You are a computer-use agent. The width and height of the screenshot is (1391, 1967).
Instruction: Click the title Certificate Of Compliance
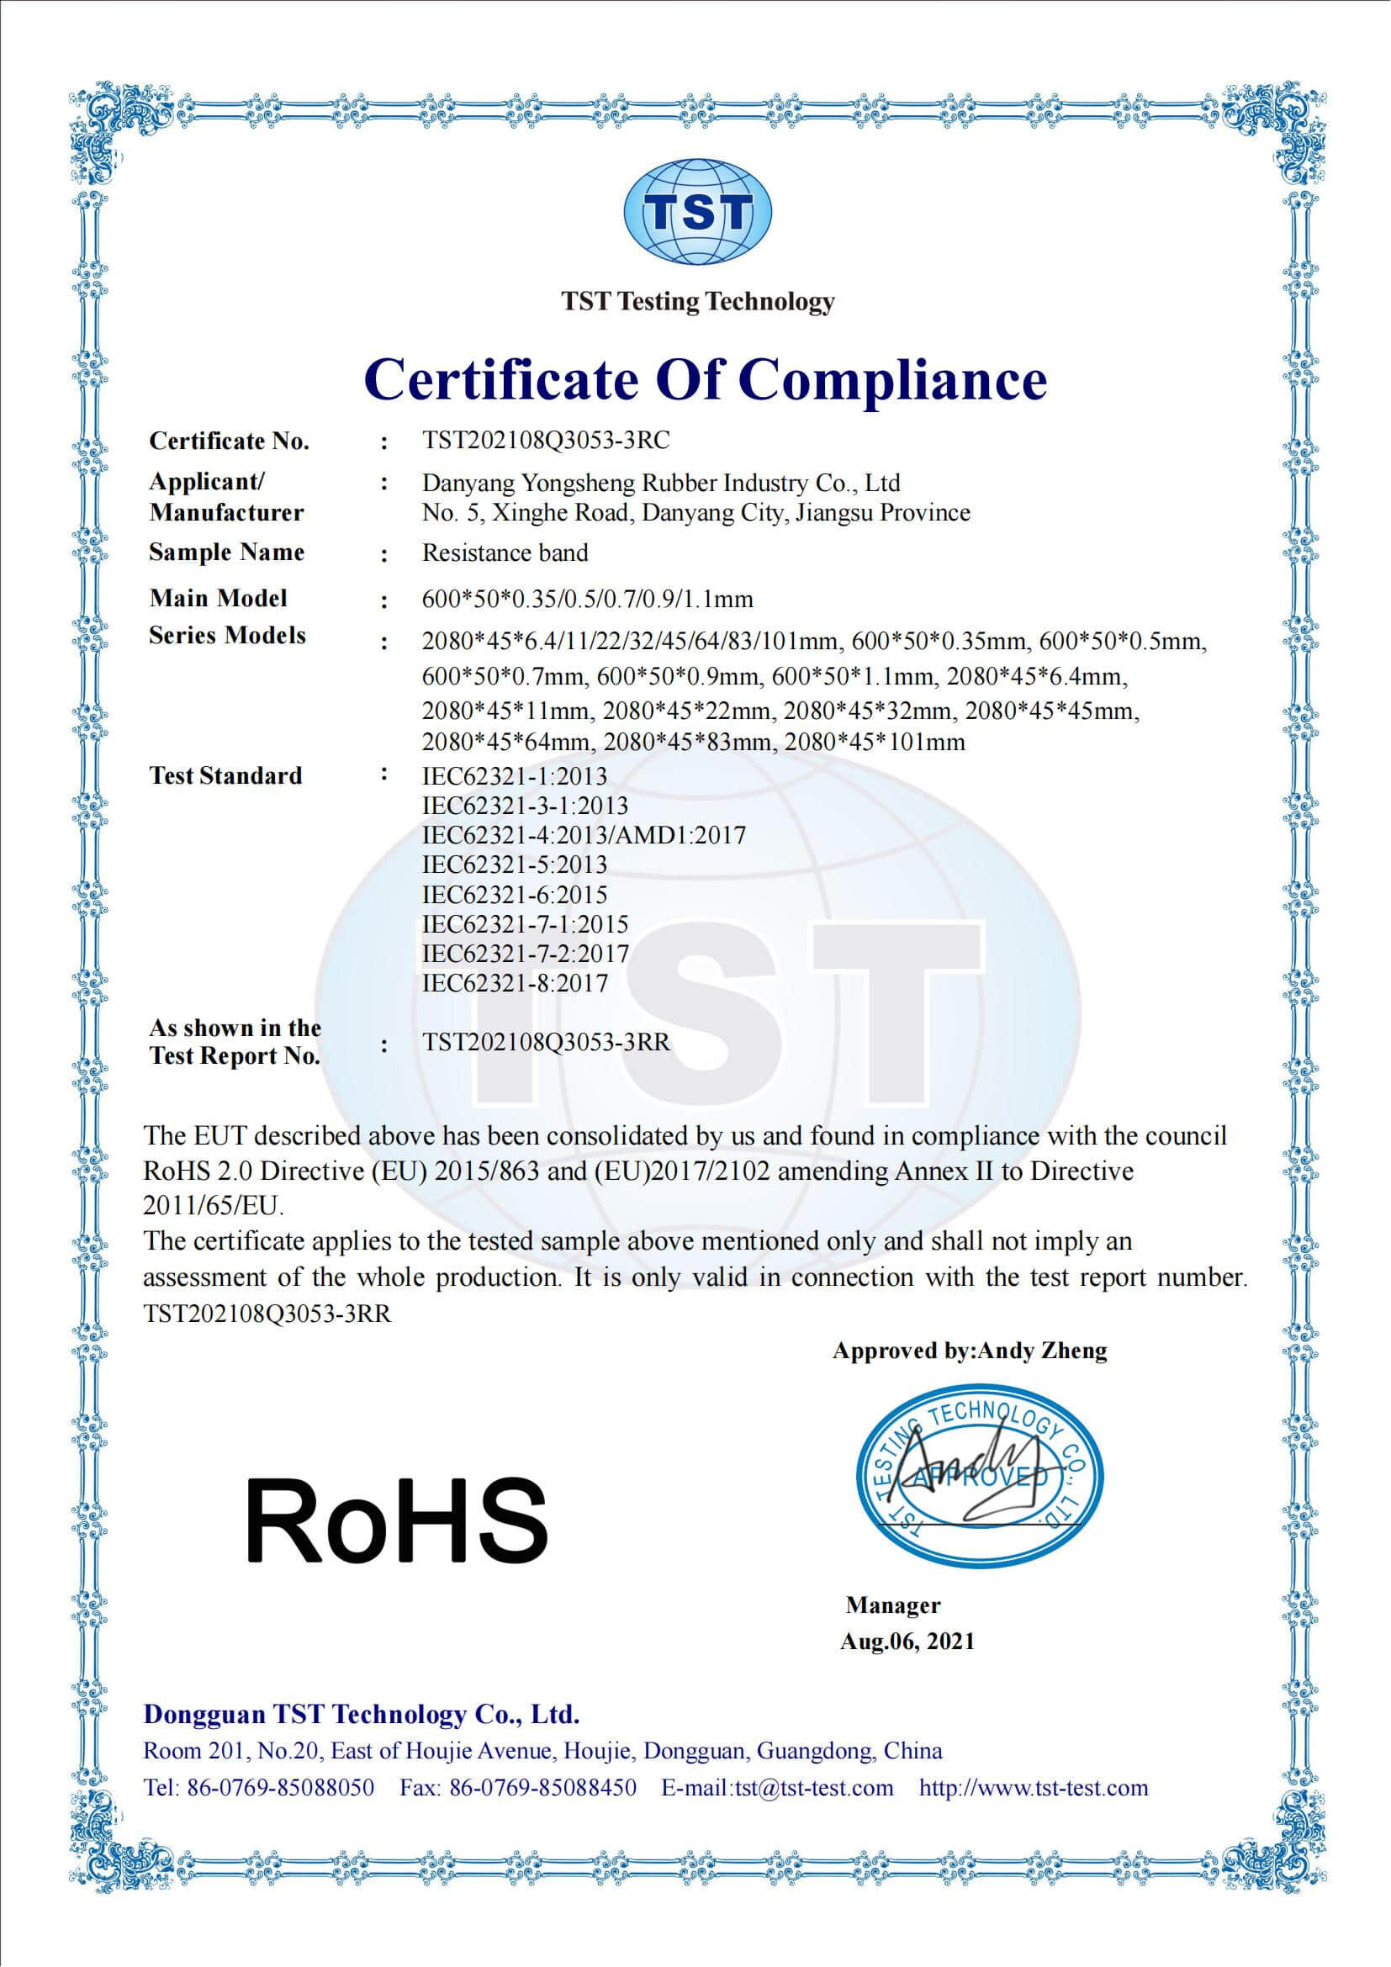pos(705,378)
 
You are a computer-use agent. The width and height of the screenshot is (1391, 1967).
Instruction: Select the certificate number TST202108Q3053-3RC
pos(546,441)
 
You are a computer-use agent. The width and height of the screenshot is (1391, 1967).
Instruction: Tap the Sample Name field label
pos(226,553)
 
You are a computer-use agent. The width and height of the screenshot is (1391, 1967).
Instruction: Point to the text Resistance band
pos(505,553)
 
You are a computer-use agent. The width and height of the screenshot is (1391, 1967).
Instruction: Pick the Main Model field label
pos(218,598)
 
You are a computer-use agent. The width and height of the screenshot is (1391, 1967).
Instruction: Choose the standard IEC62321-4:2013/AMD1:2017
pos(584,834)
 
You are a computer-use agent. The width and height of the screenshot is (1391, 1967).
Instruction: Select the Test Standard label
pos(225,776)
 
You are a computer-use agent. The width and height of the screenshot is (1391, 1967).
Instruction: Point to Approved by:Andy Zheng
pos(970,1351)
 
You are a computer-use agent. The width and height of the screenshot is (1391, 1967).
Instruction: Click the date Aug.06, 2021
pos(907,1642)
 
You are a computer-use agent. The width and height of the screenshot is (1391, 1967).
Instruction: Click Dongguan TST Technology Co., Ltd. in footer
pos(362,1714)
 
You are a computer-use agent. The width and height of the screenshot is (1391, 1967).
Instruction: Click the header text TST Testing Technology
pos(697,302)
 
